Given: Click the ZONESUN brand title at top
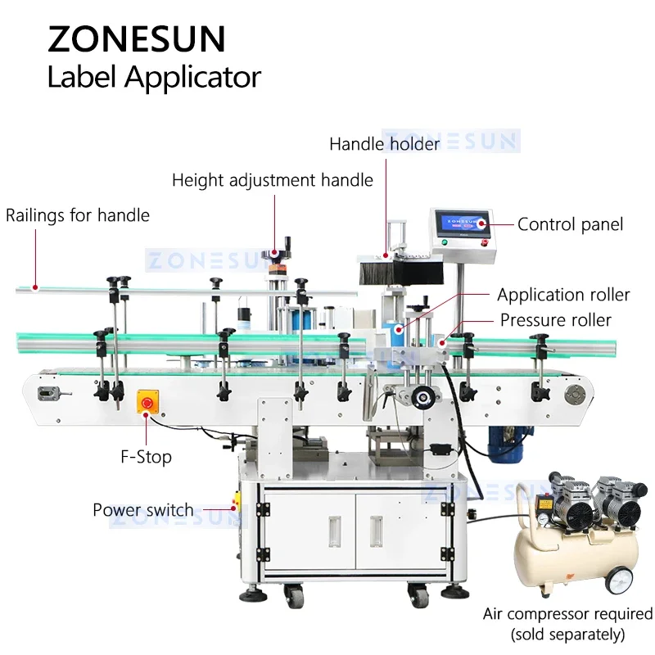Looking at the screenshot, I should coord(137,39).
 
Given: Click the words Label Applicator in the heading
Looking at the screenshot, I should coord(154,78).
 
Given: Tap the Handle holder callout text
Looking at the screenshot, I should coord(384,144).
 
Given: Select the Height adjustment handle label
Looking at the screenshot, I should coord(272,180).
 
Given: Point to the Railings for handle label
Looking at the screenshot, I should coord(78,215).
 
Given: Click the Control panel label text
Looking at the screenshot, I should coord(570,224).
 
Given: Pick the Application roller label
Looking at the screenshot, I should coord(563,295).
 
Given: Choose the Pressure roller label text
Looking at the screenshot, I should coord(556,320).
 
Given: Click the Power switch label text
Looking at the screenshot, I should coord(143,510).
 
